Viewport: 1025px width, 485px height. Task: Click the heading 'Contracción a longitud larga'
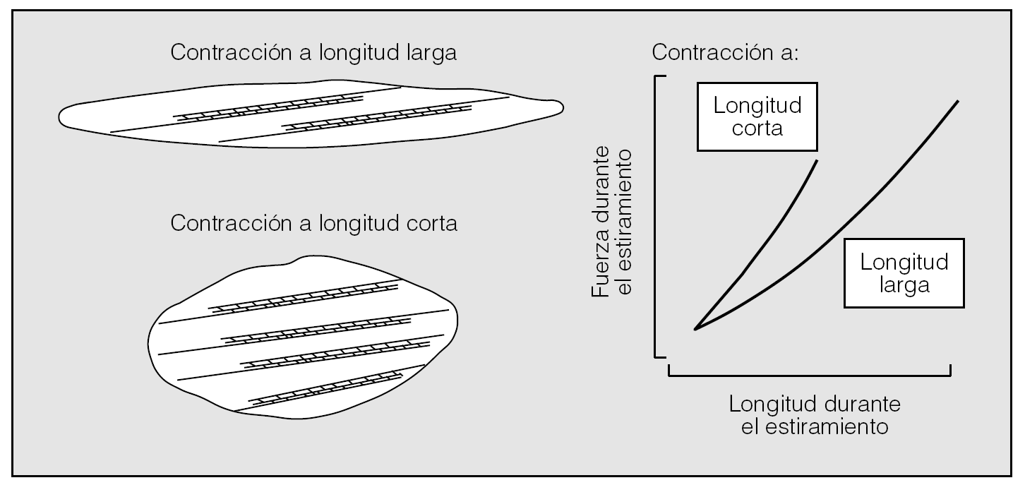point(313,54)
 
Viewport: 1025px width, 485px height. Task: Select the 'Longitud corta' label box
point(757,117)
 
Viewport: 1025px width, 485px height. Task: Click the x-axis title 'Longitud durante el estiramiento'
point(815,416)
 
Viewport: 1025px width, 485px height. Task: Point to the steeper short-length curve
point(762,240)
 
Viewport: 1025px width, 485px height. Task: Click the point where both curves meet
point(695,329)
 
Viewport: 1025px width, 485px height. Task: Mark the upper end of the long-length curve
point(958,102)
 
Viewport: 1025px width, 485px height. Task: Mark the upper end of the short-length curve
point(817,162)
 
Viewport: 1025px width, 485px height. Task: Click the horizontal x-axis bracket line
point(809,374)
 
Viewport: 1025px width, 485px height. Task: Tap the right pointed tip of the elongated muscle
point(563,107)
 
